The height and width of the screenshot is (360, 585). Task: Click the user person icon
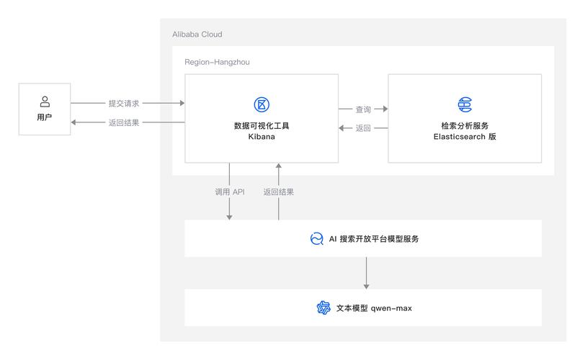[45, 102]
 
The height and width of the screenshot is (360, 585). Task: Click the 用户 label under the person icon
[45, 117]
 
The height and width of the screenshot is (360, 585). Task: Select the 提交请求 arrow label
[123, 104]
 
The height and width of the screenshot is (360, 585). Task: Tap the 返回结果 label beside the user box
[123, 123]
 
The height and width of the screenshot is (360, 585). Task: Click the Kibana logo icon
[262, 104]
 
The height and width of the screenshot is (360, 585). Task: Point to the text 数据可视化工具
[262, 125]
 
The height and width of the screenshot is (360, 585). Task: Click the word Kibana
[262, 137]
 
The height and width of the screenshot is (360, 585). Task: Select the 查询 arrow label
[363, 109]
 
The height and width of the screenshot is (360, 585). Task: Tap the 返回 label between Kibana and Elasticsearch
[363, 128]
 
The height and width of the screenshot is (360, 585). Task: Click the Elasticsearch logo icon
[465, 104]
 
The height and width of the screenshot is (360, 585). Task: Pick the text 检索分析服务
[465, 125]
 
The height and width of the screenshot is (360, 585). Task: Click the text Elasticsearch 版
[465, 137]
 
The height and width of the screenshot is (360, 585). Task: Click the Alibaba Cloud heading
[197, 35]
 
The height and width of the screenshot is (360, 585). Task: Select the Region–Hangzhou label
[217, 63]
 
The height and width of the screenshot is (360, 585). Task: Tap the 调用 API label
[230, 192]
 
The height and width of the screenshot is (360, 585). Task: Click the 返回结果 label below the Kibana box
[278, 192]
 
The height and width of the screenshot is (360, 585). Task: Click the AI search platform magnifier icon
[316, 239]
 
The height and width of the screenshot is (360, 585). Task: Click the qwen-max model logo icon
[323, 308]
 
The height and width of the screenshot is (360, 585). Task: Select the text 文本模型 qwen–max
[374, 308]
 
